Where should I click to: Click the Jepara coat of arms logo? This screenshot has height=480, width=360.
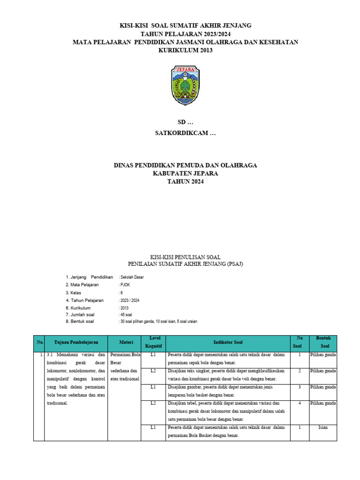click(185, 85)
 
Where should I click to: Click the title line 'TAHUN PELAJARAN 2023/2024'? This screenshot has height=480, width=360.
click(185, 34)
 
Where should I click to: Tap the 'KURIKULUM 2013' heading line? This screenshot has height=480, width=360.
click(185, 50)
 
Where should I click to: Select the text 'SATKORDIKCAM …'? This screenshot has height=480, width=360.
click(185, 133)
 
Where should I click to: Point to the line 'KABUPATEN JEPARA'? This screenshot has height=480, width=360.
click(185, 173)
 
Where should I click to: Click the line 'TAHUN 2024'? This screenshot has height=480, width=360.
click(185, 181)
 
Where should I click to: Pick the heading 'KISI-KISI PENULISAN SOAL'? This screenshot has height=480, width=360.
click(185, 257)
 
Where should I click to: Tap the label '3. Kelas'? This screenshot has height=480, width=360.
click(77, 292)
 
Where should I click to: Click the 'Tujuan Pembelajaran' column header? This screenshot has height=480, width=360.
click(76, 343)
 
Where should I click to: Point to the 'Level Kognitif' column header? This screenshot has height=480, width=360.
click(153, 342)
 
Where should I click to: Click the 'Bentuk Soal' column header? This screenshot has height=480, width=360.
click(323, 342)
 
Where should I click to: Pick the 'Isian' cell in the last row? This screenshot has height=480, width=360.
click(323, 427)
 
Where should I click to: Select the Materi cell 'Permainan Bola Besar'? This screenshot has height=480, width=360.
click(124, 359)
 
